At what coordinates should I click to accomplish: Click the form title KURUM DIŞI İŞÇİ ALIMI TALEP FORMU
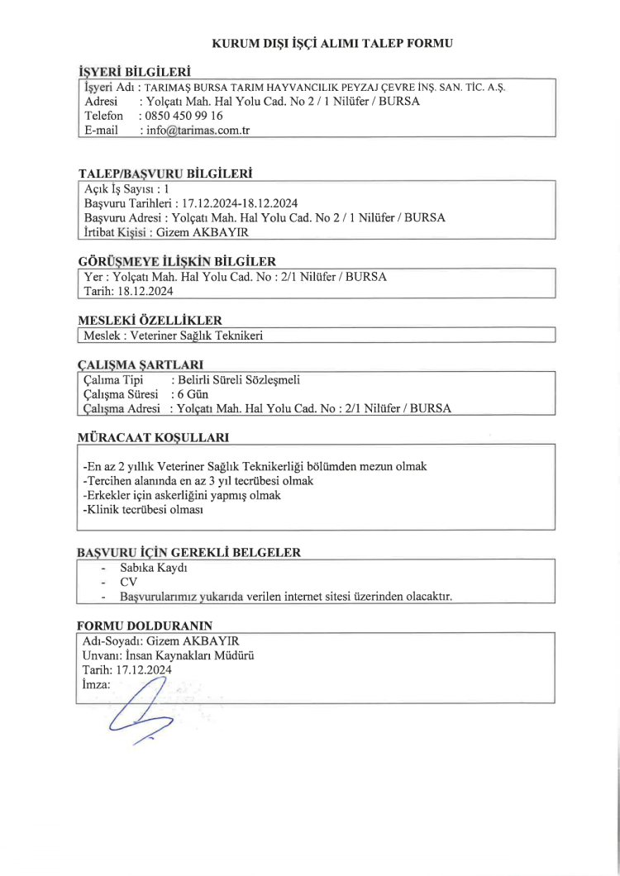point(333,41)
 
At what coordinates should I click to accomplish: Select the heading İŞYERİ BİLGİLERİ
point(134,72)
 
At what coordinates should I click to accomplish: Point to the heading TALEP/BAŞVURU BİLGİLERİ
point(165,174)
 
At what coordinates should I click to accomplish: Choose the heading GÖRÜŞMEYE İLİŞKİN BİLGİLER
point(176,261)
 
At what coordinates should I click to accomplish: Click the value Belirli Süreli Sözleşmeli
point(236,379)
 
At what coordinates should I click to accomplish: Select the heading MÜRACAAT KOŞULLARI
point(152,436)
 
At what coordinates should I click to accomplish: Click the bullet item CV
point(128,582)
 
